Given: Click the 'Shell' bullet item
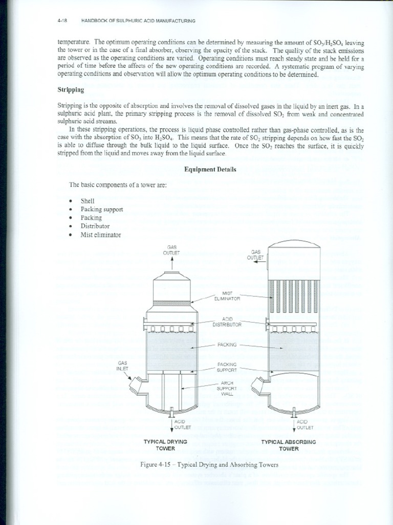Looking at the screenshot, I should click(88, 201).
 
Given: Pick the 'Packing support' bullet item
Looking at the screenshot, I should click(101, 209).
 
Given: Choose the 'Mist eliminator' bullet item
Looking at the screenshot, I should click(100, 234).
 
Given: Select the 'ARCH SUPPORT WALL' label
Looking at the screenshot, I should click(228, 388).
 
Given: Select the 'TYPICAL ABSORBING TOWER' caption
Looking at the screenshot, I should click(289, 445).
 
